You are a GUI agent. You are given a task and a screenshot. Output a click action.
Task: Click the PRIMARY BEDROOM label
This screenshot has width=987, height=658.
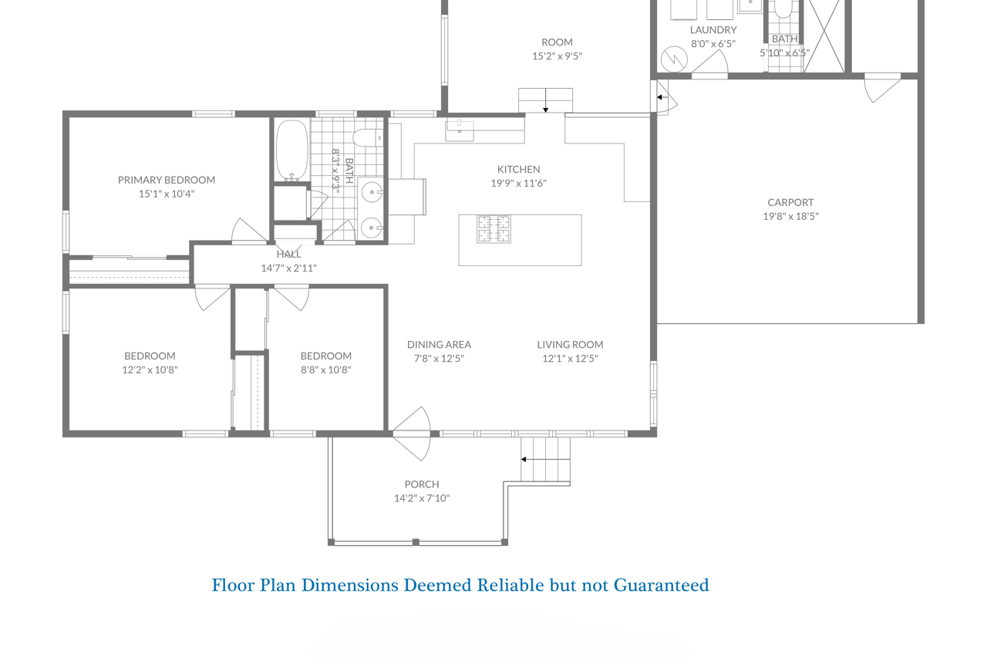[167, 180]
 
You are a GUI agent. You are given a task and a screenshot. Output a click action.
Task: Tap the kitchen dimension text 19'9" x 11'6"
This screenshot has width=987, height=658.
[519, 183]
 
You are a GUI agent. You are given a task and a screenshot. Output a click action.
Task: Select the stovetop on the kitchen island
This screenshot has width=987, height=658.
[494, 229]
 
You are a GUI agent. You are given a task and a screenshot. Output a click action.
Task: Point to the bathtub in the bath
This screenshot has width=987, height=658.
[291, 150]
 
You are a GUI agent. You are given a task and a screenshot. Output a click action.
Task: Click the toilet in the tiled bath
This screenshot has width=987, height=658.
[368, 137]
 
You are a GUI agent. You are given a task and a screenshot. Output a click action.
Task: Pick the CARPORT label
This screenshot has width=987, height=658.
[790, 202]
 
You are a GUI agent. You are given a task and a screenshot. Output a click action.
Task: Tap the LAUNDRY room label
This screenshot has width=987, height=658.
[713, 29]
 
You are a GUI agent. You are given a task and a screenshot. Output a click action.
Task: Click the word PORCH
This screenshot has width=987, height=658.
[422, 484]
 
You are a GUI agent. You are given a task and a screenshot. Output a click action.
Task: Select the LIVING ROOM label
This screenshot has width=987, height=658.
[570, 344]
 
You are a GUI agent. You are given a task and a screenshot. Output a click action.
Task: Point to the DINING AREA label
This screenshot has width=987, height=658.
[439, 344]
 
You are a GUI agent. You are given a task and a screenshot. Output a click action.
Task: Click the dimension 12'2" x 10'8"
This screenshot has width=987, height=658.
[150, 369]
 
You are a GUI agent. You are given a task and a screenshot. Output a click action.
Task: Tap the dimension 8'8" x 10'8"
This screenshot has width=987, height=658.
[326, 369]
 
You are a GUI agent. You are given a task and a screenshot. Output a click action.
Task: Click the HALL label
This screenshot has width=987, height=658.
[288, 254]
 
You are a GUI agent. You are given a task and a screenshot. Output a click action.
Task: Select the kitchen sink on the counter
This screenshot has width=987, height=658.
[459, 131]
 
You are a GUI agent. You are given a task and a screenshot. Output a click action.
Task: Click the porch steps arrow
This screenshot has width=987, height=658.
[545, 459]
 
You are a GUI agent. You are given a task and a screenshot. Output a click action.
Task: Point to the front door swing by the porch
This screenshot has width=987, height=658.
[411, 434]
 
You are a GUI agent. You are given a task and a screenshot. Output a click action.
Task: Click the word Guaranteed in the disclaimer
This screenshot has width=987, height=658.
[662, 585]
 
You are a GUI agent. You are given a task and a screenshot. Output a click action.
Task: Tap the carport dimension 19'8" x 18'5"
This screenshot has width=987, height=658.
[790, 216]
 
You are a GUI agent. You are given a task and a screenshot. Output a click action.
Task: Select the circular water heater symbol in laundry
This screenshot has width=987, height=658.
[674, 59]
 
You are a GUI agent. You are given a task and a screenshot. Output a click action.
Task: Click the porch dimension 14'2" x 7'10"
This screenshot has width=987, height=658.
[422, 498]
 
